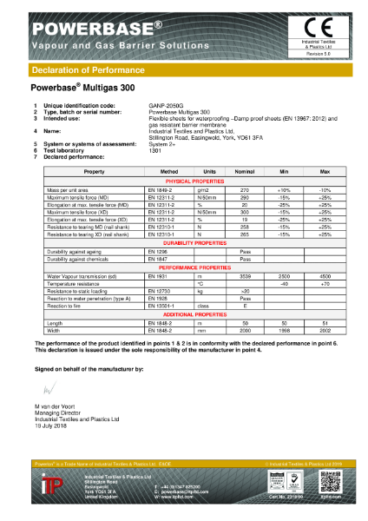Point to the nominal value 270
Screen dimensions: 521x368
(245, 164)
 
